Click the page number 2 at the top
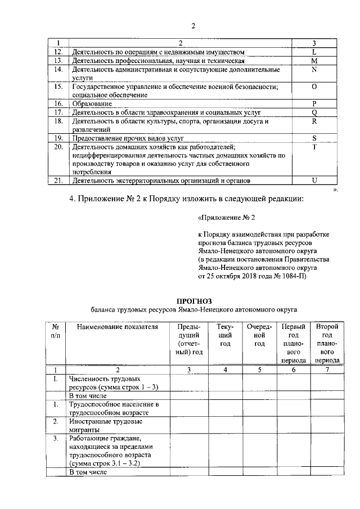point(193,26)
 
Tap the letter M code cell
point(314,60)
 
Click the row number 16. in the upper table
point(57,103)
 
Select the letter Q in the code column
point(314,112)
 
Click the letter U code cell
point(314,181)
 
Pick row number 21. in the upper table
point(57,181)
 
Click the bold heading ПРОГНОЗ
point(194,301)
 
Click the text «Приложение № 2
point(223,217)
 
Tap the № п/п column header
point(56,331)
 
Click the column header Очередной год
point(259,335)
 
